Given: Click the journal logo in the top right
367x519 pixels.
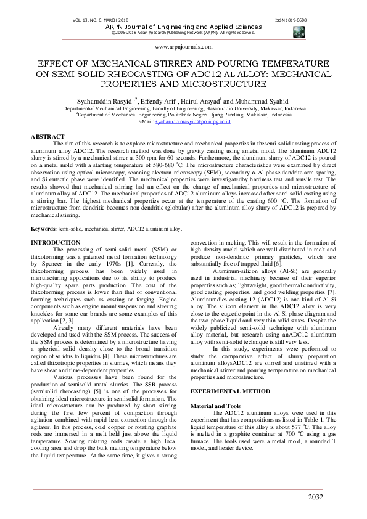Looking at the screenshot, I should point(300,32).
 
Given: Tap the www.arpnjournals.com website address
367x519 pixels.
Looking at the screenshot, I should point(183,46).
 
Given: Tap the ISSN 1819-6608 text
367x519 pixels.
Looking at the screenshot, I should point(292,20).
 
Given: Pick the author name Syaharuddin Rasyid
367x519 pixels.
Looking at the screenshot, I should point(110,100).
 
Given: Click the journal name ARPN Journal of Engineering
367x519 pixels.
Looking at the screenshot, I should point(183,27).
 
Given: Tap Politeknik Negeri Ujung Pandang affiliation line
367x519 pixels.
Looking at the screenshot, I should point(183,115).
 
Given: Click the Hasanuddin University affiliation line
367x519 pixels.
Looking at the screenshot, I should point(183,108).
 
